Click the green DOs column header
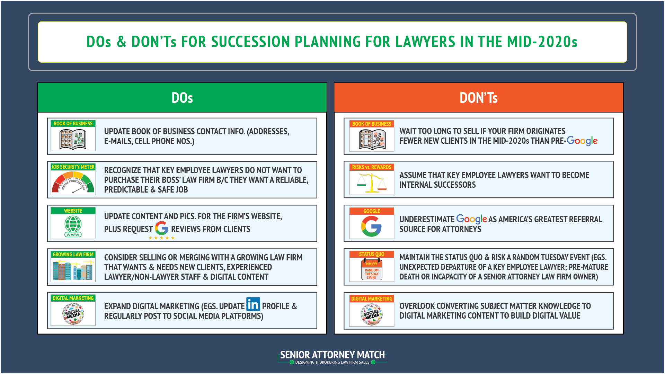[x=182, y=98]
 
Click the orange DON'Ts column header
[x=478, y=98]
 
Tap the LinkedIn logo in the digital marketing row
[x=253, y=304]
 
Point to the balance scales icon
[x=372, y=183]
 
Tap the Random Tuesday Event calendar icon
[x=372, y=270]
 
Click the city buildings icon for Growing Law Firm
[x=73, y=270]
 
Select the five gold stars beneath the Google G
[x=161, y=238]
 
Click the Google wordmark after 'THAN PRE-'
[x=582, y=141]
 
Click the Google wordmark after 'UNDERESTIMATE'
[x=471, y=219]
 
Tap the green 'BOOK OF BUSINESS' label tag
[x=73, y=124]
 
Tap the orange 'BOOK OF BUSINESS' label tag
[x=372, y=124]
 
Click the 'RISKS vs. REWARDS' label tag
[x=372, y=167]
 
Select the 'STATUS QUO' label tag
[x=372, y=254]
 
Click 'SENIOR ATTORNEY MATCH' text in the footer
[x=332, y=355]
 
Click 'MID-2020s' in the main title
[x=542, y=42]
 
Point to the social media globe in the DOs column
[x=73, y=314]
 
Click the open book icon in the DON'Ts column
[x=372, y=140]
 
